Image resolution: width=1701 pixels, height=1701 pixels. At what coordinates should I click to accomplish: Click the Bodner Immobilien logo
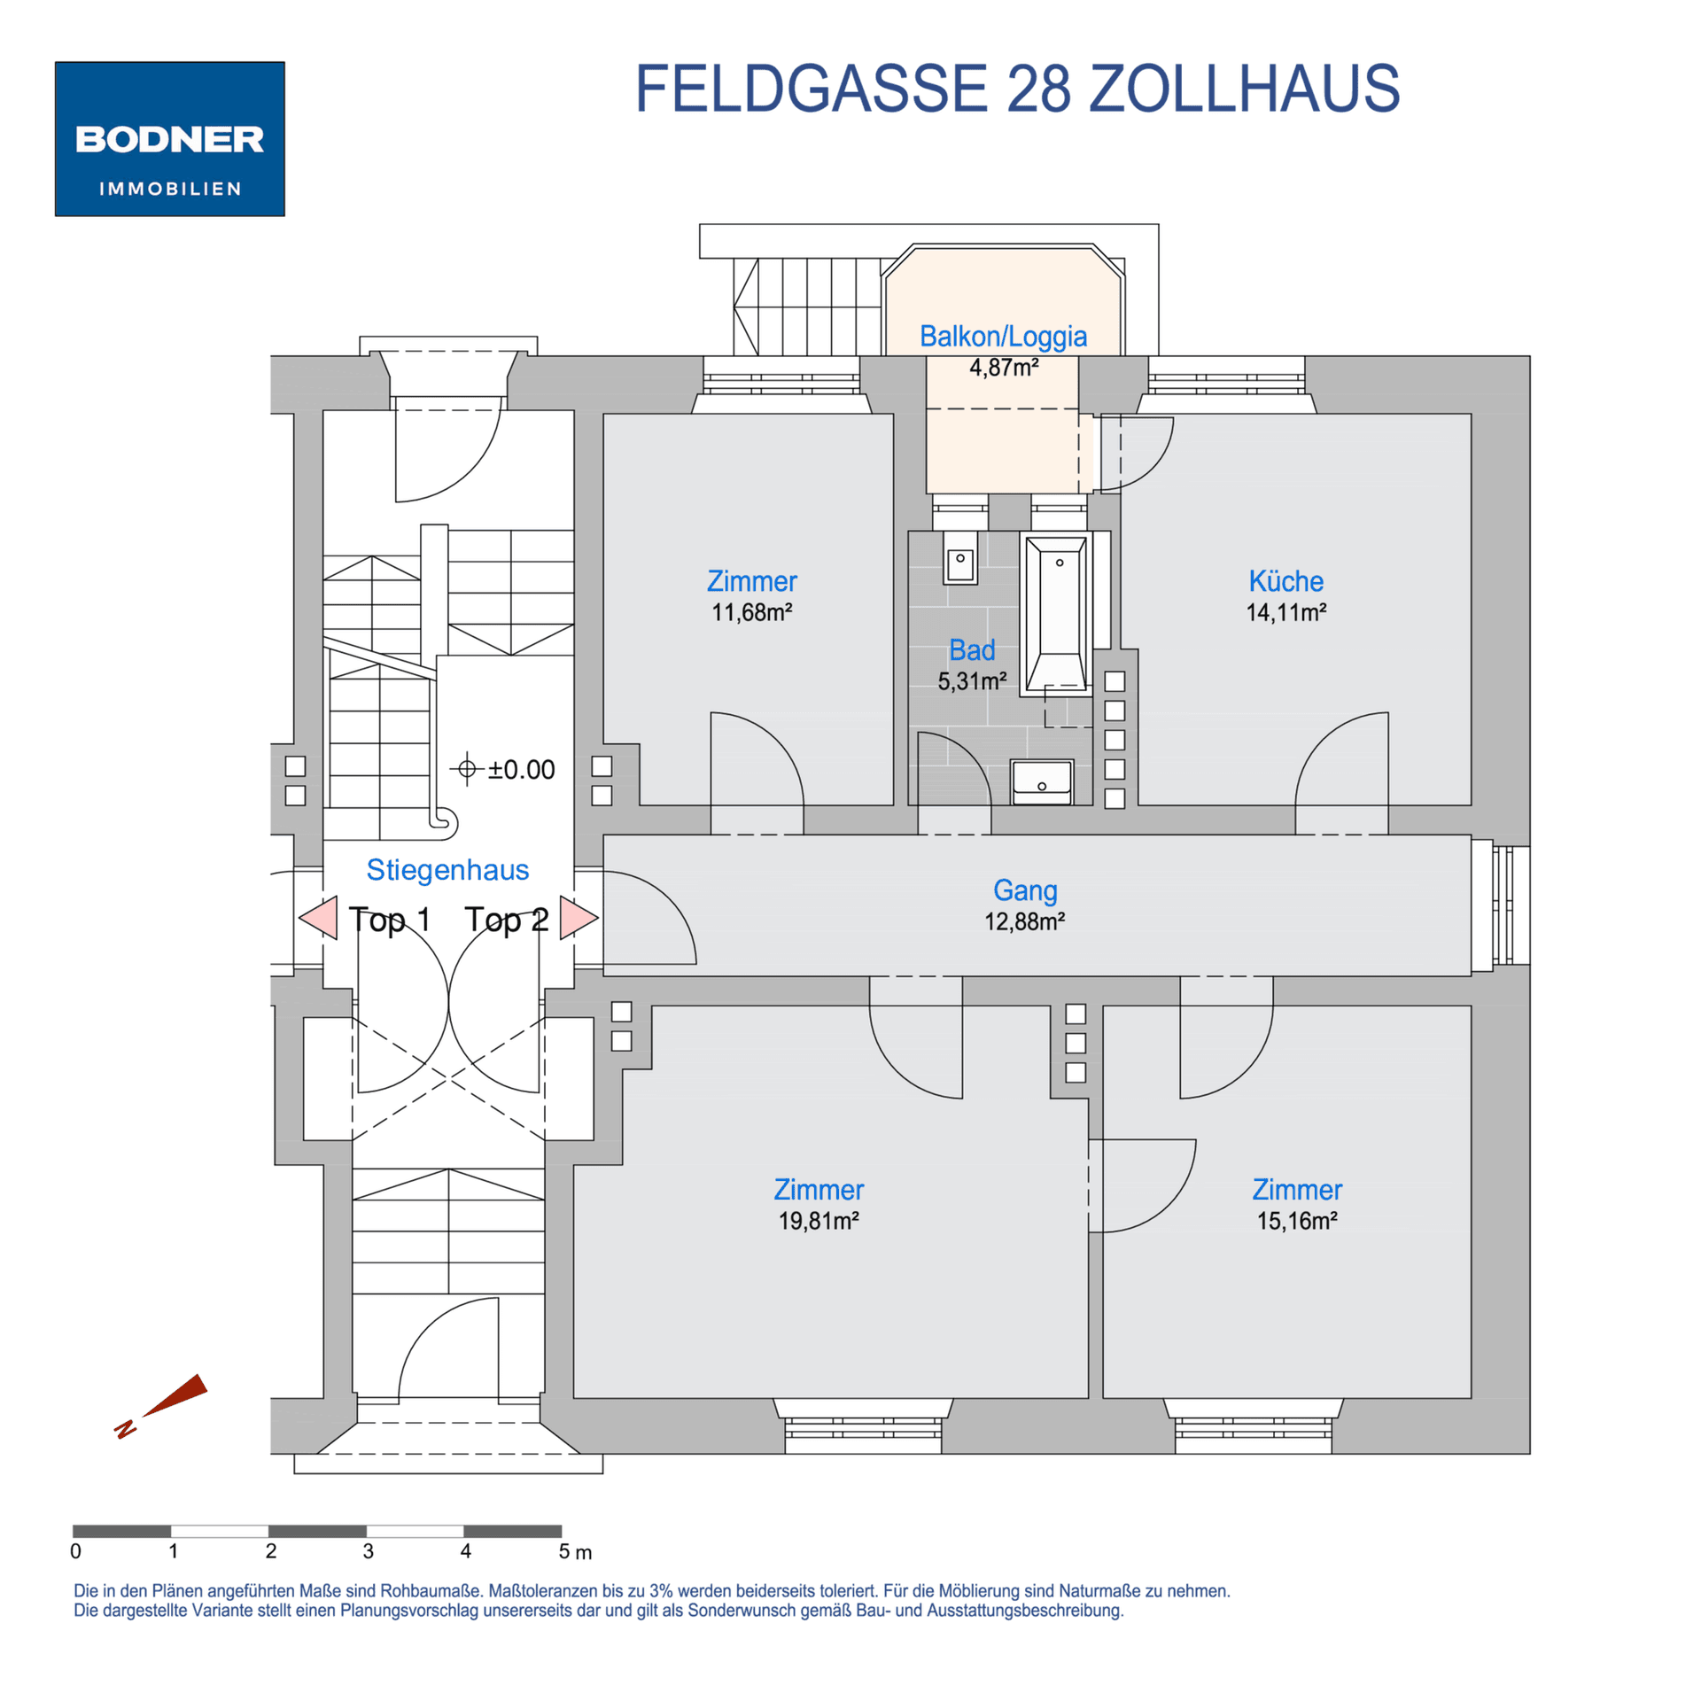pos(169,139)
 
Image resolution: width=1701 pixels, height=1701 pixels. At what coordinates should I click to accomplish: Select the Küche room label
pos(1285,581)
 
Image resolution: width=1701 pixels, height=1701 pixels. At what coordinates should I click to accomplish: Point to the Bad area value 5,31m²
pos(972,681)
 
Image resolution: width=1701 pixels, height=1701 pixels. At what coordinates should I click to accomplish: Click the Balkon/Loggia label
pos(1003,337)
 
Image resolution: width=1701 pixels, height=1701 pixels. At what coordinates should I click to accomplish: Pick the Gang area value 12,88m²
pos(1024,921)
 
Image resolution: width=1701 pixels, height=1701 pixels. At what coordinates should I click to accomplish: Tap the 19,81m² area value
pos(819,1221)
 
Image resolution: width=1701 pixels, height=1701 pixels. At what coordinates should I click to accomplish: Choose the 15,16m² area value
pos(1297,1221)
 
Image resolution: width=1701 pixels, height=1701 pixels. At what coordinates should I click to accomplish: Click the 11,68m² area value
pos(751,612)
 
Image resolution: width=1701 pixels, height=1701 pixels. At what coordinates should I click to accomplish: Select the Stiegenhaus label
pos(447,870)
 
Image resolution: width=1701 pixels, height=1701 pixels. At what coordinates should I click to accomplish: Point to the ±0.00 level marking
pos(502,769)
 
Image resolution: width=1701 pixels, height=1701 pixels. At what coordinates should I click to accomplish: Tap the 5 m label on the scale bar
pos(574,1552)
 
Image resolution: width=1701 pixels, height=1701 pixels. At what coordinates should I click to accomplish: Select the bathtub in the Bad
pos(1056,614)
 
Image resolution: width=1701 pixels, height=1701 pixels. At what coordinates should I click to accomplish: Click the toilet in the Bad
pos(960,558)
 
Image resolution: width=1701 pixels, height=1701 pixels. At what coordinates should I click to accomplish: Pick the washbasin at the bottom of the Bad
pos(1042,781)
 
